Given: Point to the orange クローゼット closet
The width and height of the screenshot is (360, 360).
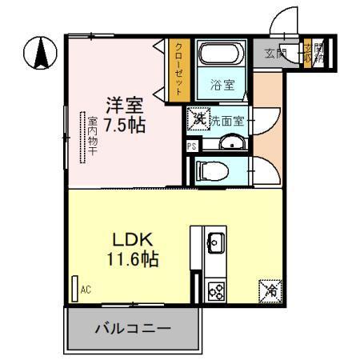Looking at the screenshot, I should click(178, 70).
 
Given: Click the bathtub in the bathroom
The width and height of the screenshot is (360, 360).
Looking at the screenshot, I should click(220, 54).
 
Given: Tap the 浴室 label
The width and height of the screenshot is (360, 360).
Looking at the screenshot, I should click(221, 82).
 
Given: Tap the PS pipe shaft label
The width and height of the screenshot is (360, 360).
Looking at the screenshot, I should click(191, 146).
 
